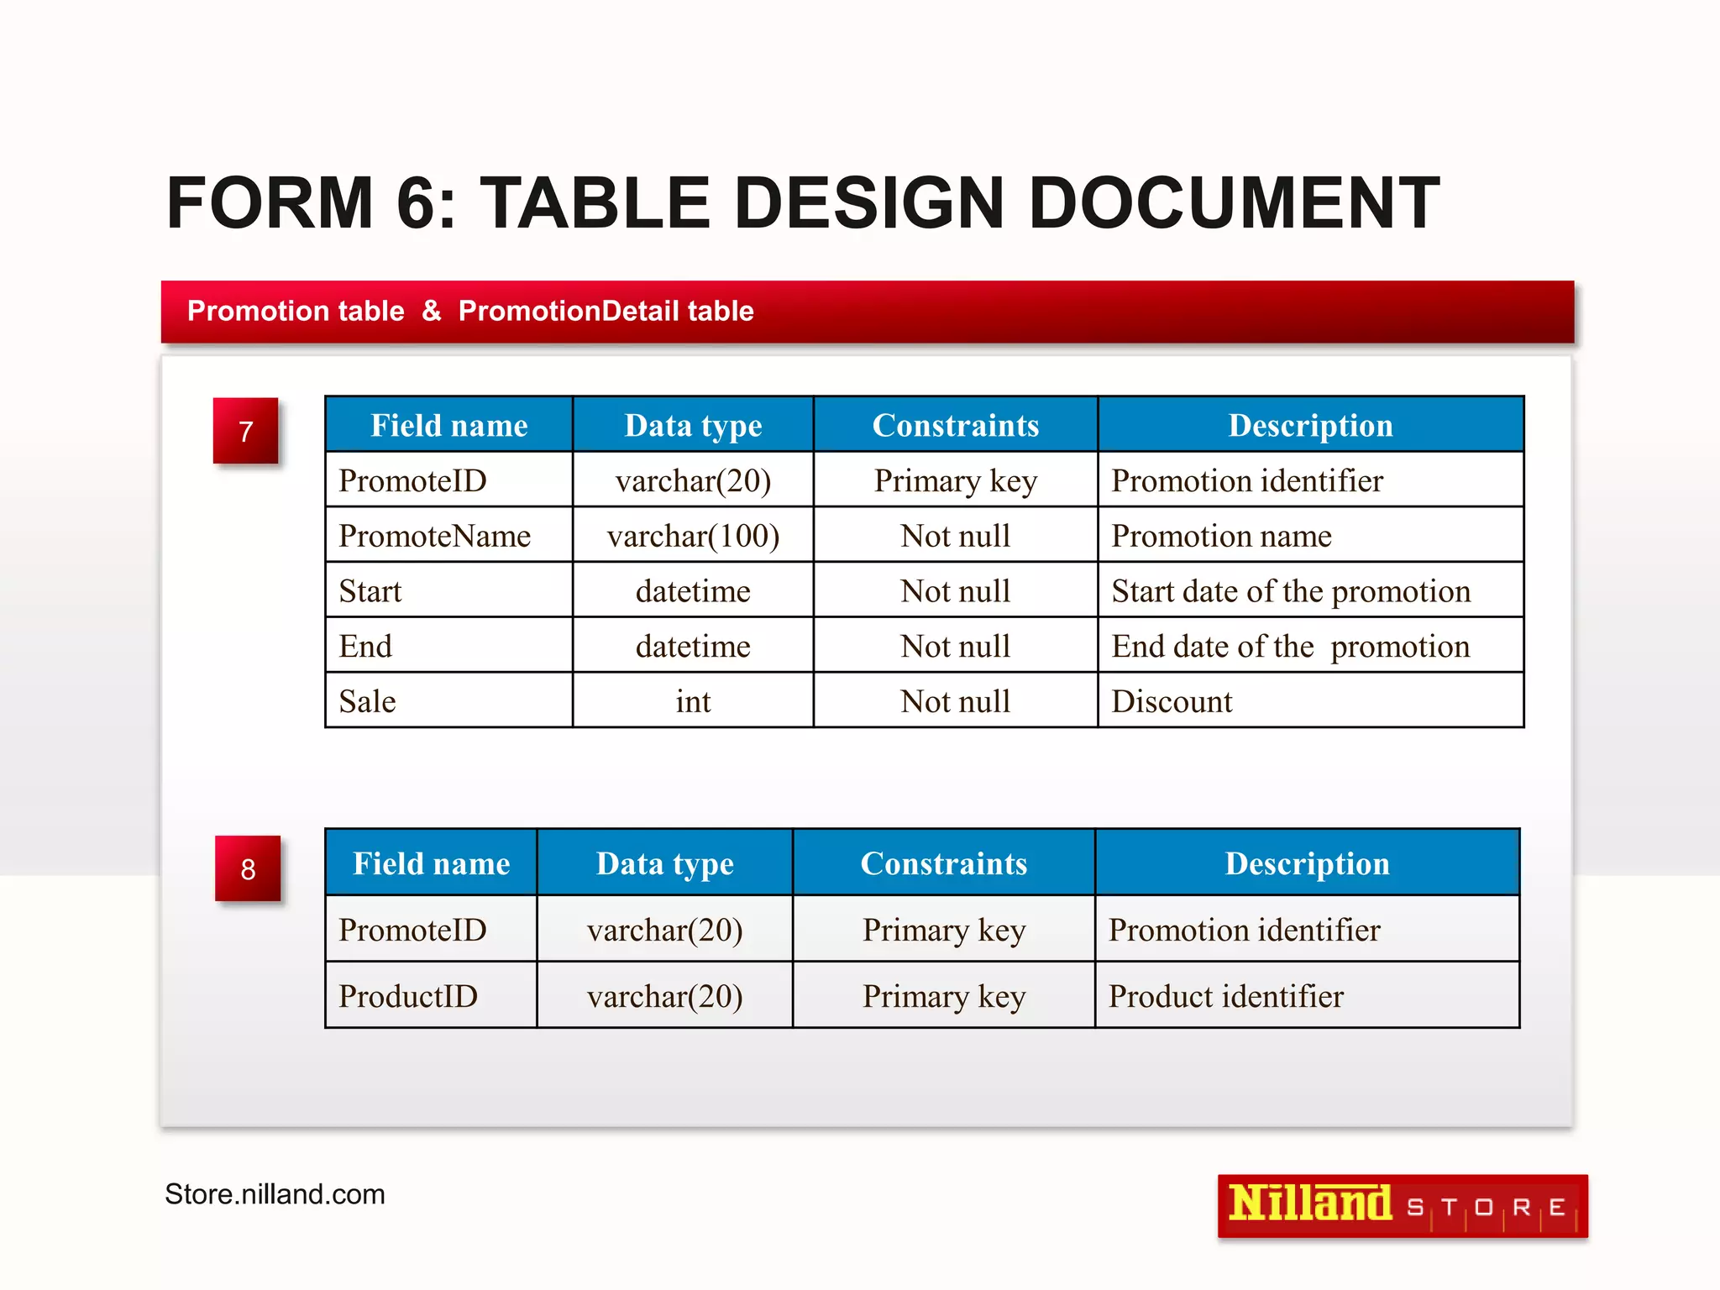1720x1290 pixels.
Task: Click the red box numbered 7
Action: point(245,431)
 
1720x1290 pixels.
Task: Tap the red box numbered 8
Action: point(248,868)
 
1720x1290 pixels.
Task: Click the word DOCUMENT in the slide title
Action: point(1233,203)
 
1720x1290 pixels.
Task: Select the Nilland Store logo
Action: point(1402,1206)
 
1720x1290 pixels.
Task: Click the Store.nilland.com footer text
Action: point(275,1193)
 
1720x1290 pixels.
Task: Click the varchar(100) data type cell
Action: point(693,536)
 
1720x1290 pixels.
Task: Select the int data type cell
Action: point(693,701)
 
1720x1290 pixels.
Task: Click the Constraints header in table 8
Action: point(943,863)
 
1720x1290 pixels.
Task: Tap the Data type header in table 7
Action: point(693,426)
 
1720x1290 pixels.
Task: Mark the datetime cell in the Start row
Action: point(693,591)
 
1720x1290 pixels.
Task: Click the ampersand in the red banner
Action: point(431,311)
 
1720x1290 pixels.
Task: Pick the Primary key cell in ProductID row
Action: point(943,996)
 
